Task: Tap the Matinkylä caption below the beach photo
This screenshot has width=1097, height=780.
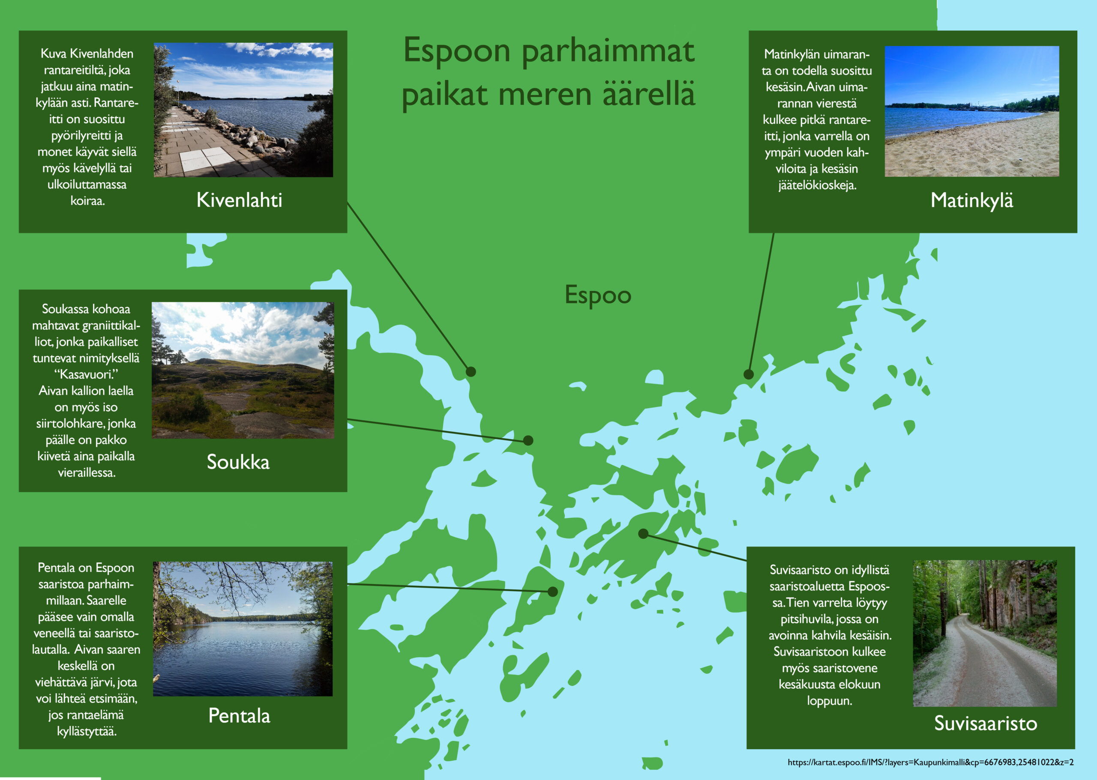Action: (x=971, y=201)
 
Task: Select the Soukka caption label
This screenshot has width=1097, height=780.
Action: (x=238, y=462)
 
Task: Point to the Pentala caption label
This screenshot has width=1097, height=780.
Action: (x=239, y=716)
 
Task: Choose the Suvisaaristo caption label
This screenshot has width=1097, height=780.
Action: (x=986, y=723)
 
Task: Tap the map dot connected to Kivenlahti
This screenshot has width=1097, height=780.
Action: (x=471, y=372)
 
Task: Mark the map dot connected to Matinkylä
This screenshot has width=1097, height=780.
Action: (x=749, y=374)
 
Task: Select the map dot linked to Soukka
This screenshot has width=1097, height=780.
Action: (x=528, y=440)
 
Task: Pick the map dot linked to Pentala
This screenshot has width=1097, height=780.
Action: (x=553, y=592)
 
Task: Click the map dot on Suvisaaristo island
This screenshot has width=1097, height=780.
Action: (x=643, y=534)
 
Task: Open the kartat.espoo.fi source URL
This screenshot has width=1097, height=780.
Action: (x=930, y=762)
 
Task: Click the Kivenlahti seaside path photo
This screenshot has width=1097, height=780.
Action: (x=243, y=110)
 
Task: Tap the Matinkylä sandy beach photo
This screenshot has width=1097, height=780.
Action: (x=971, y=111)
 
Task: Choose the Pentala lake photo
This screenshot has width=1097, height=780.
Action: (x=243, y=629)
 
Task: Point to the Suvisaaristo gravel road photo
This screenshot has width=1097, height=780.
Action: (x=985, y=634)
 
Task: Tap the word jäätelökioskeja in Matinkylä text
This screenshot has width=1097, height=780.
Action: (x=817, y=185)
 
